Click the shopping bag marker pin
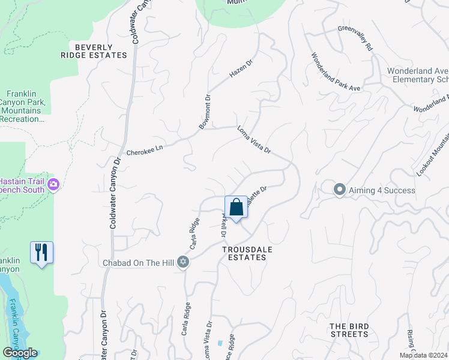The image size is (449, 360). pos(237,208)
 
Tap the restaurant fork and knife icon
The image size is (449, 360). pos(41,253)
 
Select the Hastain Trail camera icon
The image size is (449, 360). pos(53,185)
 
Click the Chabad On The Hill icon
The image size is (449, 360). pos(184,262)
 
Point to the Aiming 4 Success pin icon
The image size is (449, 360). pos(339,190)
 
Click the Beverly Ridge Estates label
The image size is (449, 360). pos(94,51)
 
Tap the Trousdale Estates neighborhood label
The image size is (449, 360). pos(244,253)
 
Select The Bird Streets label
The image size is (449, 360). pos(349,330)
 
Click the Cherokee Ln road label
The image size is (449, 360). pos(145,150)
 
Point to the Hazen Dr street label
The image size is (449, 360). pos(242,69)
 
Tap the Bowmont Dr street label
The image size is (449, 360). pos(205,112)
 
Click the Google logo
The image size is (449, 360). pos(20,353)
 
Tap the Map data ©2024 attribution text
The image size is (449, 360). pos(423,355)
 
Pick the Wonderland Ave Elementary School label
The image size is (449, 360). pos(418,75)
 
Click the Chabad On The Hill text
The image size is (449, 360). pos(141,262)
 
